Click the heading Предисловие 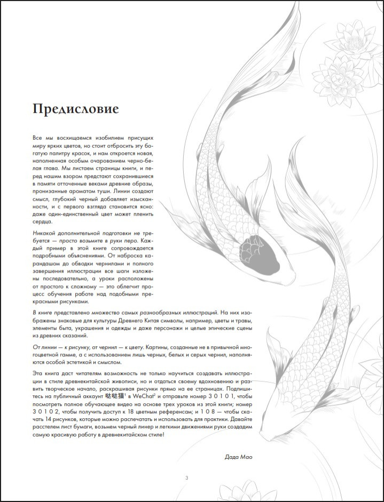tap(75, 109)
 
